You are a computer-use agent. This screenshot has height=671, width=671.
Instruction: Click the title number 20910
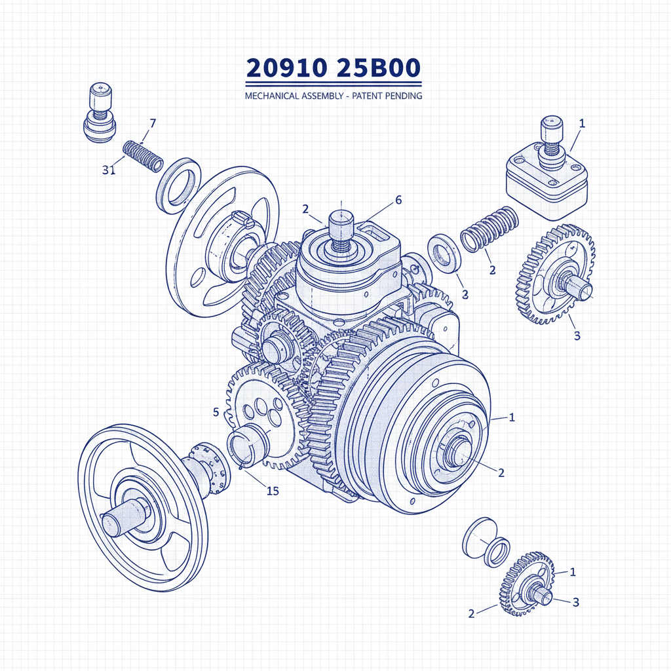tap(287, 69)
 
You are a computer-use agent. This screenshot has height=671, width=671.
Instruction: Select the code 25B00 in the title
tap(381, 69)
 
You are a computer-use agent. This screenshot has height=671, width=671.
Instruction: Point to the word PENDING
tap(400, 96)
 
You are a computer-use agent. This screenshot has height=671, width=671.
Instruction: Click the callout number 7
tap(153, 123)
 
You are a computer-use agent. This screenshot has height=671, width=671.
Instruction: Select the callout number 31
tap(109, 170)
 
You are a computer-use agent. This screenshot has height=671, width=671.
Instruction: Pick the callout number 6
tap(398, 201)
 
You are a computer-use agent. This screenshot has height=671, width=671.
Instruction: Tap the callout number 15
tap(273, 491)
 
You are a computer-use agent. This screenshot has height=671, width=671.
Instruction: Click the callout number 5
tap(216, 412)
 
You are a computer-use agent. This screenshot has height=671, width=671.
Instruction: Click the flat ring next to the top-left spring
tap(179, 185)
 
